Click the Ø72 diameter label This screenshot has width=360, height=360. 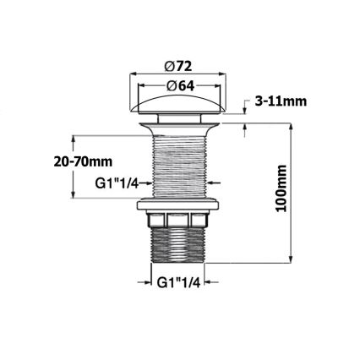pos(180,65)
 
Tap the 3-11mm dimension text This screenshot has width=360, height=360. pos(281,101)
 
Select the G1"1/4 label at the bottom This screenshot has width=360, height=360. pos(179,283)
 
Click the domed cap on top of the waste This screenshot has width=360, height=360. pos(180,106)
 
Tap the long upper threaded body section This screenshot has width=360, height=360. pos(180,165)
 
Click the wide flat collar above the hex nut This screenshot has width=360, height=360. pos(180,205)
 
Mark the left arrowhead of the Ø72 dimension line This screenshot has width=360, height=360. pos(131,74)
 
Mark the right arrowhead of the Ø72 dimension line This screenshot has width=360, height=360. pos(229,74)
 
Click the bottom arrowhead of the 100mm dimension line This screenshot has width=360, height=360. pos(292,259)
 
